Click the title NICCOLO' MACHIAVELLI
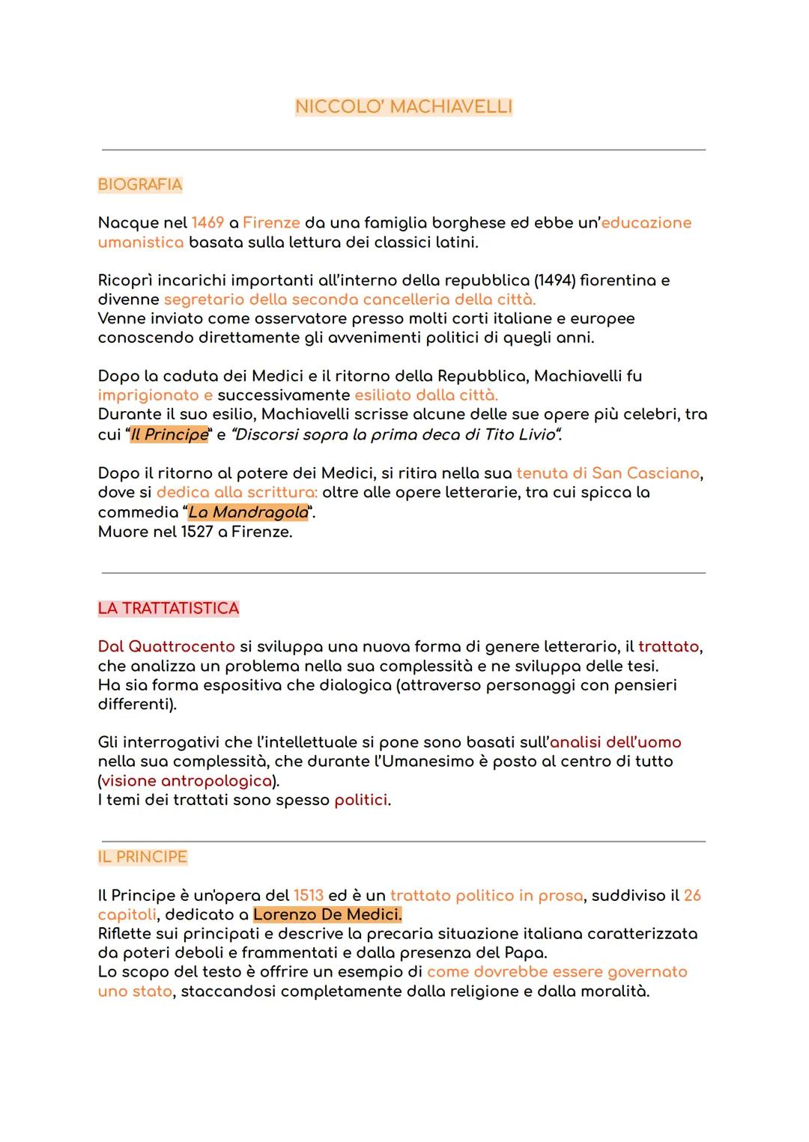coord(404,107)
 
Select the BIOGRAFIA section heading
coord(140,184)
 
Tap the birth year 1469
coord(207,222)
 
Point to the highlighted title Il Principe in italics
coord(169,434)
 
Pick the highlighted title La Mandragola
coord(248,512)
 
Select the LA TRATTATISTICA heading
coord(169,608)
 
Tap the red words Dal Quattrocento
coord(166,646)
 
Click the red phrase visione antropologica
coord(187,780)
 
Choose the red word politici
coord(361,800)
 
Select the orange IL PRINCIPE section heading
coord(142,857)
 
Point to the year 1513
coord(309,896)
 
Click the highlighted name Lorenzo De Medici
coord(327,914)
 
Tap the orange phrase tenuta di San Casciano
coord(607,473)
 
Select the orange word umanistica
coord(141,242)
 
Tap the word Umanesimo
coord(431,761)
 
